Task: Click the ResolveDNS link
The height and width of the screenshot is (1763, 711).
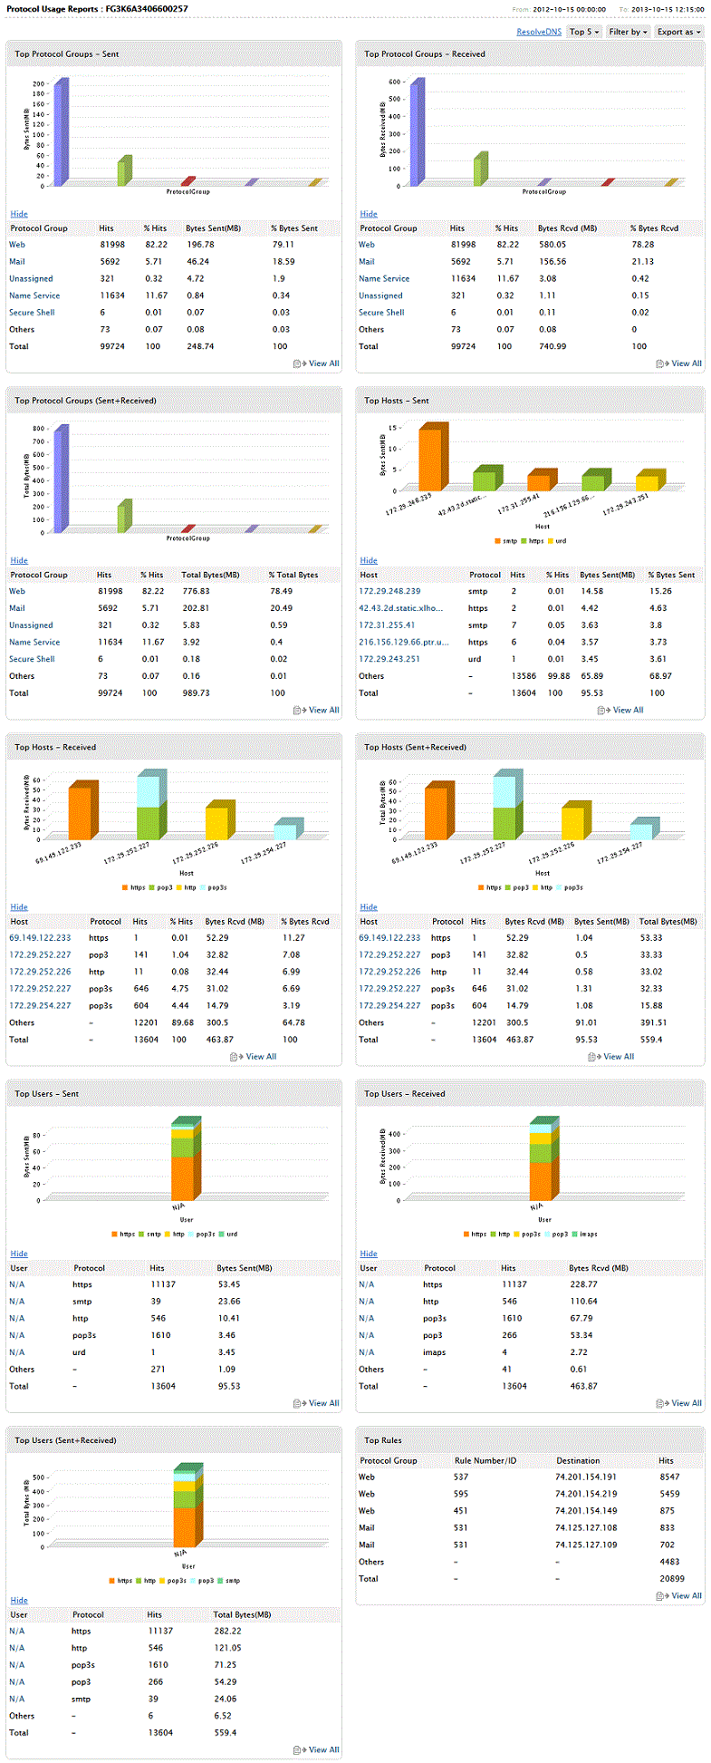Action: pyautogui.click(x=539, y=32)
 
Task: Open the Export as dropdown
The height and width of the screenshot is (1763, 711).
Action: pyautogui.click(x=678, y=32)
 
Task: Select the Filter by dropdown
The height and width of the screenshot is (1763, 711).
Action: pyautogui.click(x=628, y=32)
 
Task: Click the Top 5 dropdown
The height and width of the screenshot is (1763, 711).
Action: pyautogui.click(x=583, y=32)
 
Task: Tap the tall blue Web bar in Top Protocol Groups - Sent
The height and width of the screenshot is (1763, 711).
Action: pyautogui.click(x=60, y=132)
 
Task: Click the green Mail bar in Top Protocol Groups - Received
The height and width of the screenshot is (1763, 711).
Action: pyautogui.click(x=480, y=170)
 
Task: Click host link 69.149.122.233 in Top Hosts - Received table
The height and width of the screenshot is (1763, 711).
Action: pyautogui.click(x=40, y=938)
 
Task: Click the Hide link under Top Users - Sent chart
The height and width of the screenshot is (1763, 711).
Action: pyautogui.click(x=19, y=1254)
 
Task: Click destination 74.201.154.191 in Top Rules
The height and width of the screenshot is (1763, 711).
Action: pyautogui.click(x=585, y=1477)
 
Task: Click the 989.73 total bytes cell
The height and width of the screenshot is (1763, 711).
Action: pyautogui.click(x=196, y=693)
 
